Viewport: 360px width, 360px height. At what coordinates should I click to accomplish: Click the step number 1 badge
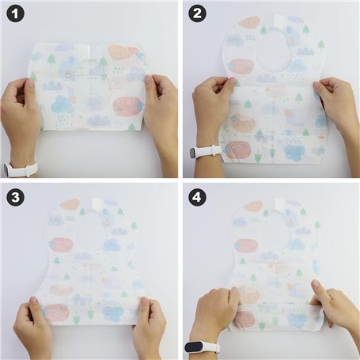tap(16, 13)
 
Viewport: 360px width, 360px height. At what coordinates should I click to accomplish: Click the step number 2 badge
tap(198, 13)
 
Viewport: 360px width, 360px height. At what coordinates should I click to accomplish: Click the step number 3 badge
tap(16, 197)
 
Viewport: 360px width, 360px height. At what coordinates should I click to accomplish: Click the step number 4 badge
tap(198, 197)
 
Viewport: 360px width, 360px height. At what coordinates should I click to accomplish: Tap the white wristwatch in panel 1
tap(20, 169)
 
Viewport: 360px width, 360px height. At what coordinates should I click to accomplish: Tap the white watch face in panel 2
tap(194, 153)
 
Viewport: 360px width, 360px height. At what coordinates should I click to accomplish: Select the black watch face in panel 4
tap(195, 347)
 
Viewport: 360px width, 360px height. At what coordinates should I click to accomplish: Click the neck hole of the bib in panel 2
tap(272, 50)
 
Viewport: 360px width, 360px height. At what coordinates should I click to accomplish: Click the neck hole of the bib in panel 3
tap(90, 230)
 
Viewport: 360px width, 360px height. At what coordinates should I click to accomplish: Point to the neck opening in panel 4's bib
tap(275, 231)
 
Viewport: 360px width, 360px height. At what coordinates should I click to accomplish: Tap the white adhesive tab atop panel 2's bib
tap(279, 21)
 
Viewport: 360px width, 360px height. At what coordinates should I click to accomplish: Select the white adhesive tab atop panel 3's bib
tap(96, 205)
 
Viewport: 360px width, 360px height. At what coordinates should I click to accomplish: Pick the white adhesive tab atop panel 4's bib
tap(281, 205)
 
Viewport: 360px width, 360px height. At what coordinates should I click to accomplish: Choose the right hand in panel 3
tap(148, 326)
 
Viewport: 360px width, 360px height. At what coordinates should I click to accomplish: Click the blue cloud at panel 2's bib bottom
tap(294, 153)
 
